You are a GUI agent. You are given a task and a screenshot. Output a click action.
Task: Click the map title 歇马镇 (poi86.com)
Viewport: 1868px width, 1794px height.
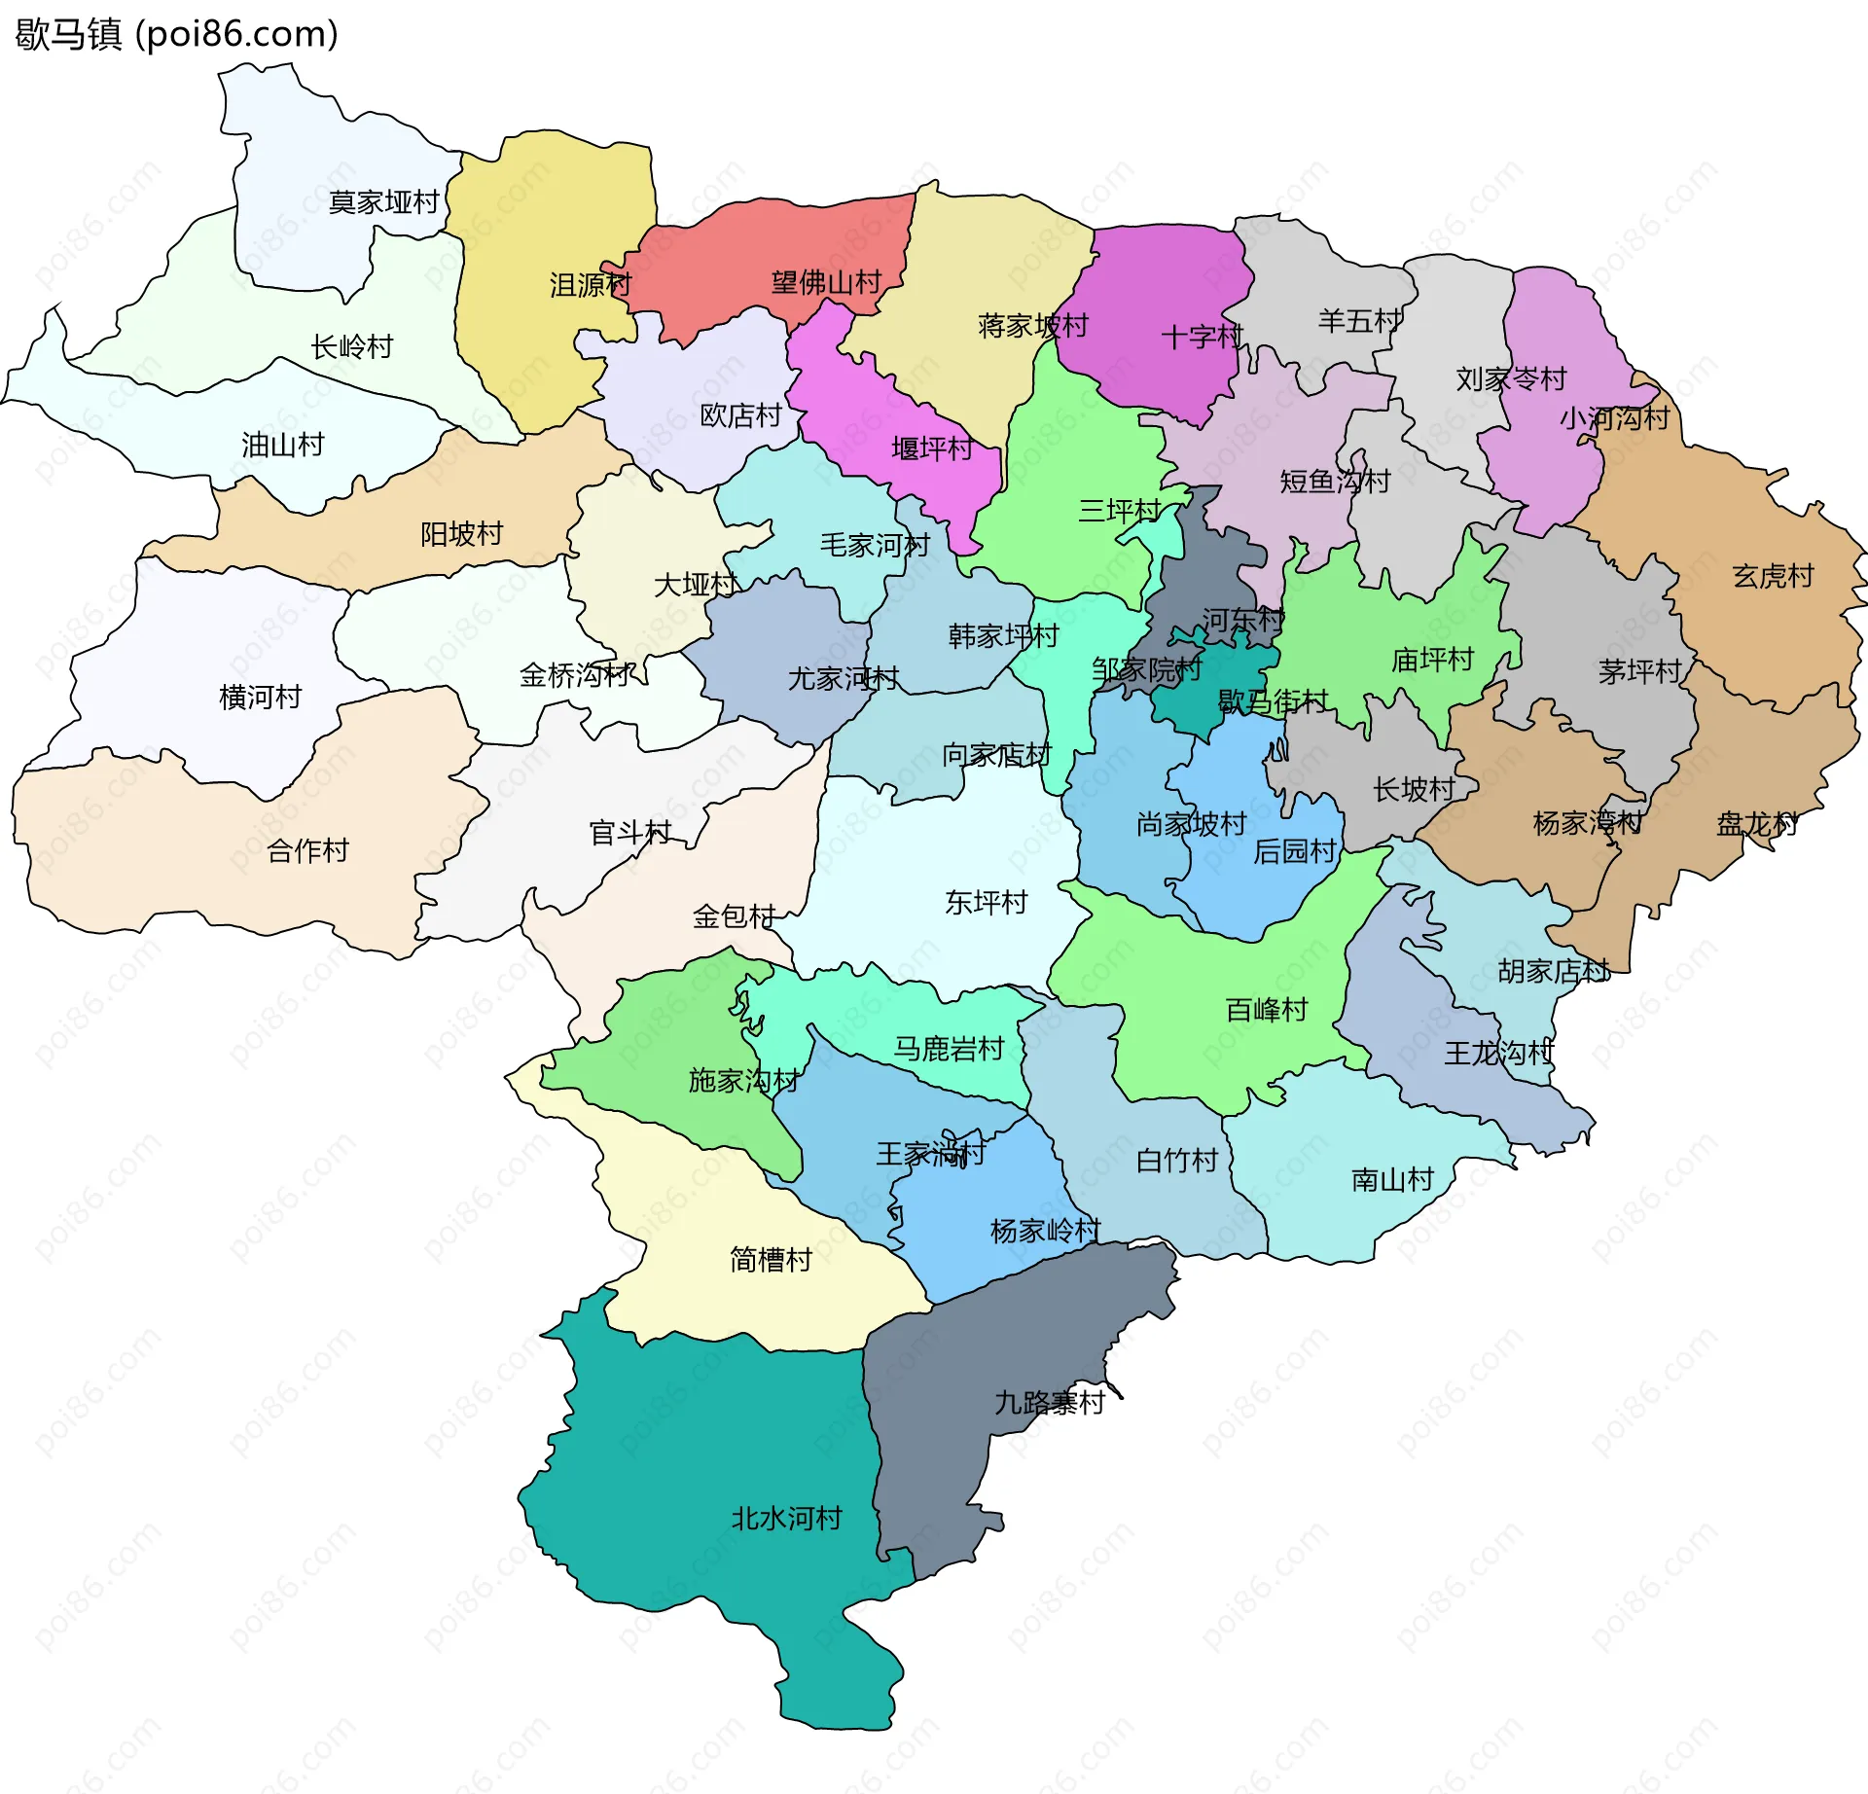[176, 34]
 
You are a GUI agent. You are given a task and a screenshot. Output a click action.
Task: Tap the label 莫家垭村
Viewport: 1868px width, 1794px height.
[384, 202]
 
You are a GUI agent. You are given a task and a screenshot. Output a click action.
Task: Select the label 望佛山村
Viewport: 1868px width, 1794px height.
[826, 283]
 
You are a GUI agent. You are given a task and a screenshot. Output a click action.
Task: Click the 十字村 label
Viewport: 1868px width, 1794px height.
[1202, 337]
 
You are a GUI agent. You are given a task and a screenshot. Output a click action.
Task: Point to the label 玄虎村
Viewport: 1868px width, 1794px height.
[1773, 576]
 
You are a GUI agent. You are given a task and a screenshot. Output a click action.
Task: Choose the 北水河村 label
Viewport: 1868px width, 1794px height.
[786, 1518]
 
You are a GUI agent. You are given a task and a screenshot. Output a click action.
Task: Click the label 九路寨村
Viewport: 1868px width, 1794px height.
[1050, 1402]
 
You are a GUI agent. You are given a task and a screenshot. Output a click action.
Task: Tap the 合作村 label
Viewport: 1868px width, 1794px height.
[307, 850]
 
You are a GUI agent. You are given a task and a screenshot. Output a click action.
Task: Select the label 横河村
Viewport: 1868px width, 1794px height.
[261, 697]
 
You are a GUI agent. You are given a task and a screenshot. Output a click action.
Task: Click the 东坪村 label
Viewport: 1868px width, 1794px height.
[986, 902]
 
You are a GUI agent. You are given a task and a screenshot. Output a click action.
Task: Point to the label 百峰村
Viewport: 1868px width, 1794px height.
[1267, 1009]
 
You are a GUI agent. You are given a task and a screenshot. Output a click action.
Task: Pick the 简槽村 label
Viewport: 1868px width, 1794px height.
[771, 1260]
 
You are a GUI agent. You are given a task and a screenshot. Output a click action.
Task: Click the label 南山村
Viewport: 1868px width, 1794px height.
[1392, 1179]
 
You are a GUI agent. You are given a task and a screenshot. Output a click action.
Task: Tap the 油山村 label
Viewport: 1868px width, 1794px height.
[282, 445]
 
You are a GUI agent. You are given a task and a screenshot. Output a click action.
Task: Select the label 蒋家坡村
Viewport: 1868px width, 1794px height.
[1032, 325]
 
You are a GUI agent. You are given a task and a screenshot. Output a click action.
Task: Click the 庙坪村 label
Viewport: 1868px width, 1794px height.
[1432, 660]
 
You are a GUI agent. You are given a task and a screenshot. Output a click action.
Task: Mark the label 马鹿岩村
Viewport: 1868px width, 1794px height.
[949, 1048]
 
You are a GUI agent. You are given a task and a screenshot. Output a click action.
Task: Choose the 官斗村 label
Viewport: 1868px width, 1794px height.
[630, 833]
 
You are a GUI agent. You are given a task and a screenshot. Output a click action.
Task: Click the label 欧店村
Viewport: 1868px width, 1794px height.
[740, 415]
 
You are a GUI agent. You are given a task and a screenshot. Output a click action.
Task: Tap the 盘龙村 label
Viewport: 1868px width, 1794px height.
[1756, 824]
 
